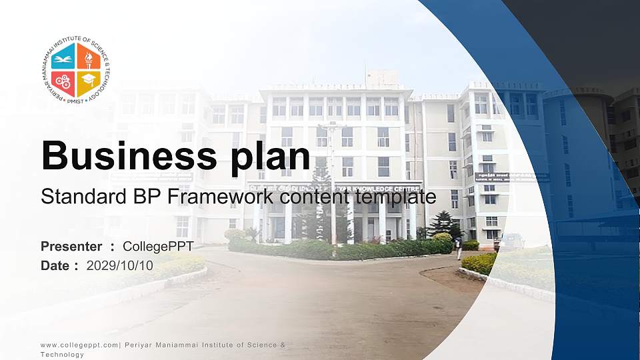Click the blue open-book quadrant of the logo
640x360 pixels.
(64, 59)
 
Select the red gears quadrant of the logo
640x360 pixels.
(64, 82)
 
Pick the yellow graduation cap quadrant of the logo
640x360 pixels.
(87, 82)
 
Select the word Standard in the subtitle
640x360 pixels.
(75, 197)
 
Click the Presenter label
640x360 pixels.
(71, 247)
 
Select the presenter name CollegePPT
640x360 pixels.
(159, 247)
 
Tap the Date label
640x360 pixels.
(55, 265)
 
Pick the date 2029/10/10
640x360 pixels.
(120, 265)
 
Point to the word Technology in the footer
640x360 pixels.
(62, 355)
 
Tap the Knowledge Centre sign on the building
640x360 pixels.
(373, 189)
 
